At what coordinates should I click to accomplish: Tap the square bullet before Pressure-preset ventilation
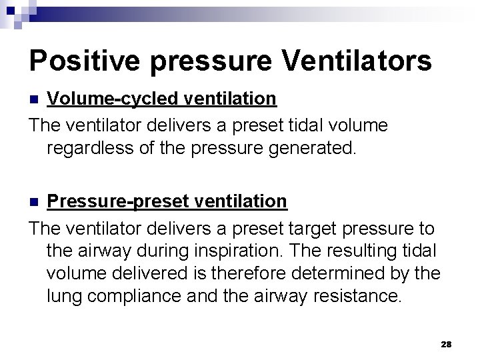36,201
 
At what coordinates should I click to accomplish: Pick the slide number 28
446,343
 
